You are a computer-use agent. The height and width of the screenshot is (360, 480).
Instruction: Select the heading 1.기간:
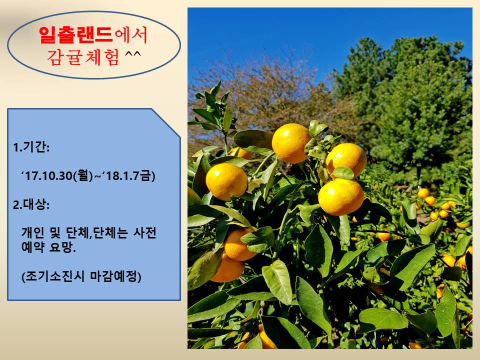pos(31,148)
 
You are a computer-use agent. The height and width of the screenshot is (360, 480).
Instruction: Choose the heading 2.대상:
pos(31,205)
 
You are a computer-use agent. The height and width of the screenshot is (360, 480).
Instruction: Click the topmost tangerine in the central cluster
pos(291,142)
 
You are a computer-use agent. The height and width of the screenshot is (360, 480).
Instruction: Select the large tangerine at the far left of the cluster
pos(226,181)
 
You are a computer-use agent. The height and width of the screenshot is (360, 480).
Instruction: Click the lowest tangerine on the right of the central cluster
pos(341,196)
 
